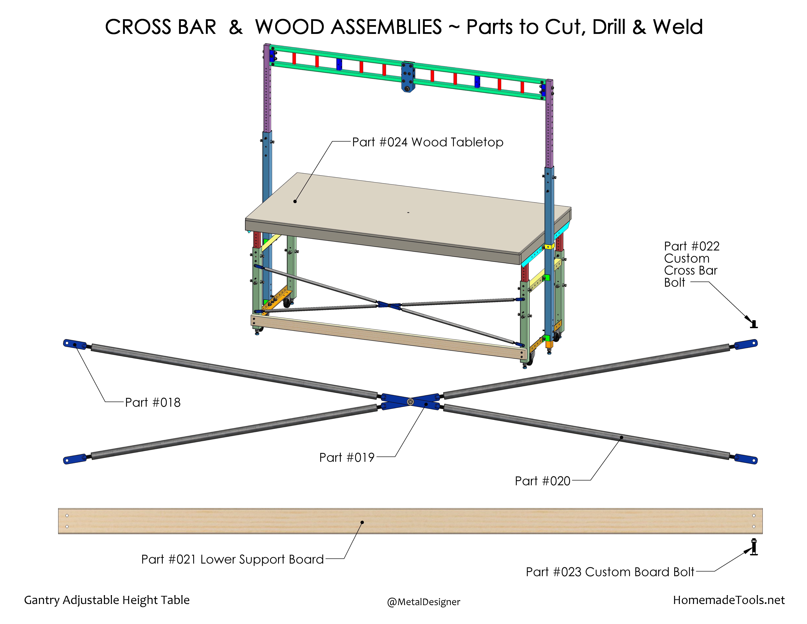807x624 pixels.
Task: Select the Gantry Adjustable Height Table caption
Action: click(107, 600)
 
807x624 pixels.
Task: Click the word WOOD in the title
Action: click(348, 27)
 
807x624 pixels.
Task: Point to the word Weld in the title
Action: click(678, 27)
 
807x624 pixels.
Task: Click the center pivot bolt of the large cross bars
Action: click(410, 401)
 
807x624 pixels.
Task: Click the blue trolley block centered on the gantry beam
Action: click(408, 76)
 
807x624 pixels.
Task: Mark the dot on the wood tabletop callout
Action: click(295, 202)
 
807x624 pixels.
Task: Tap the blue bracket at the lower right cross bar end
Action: click(746, 459)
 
